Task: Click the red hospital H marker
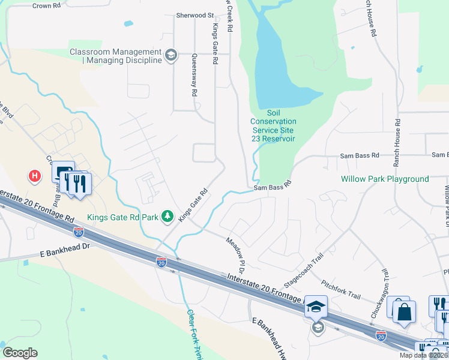tap(35, 176)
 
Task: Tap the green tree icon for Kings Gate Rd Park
tap(169, 216)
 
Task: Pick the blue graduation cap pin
tap(316, 308)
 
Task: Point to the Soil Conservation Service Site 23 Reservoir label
tap(273, 126)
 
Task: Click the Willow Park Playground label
tap(385, 179)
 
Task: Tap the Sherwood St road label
tap(194, 15)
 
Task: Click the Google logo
tap(20, 353)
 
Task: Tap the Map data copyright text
tap(423, 355)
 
